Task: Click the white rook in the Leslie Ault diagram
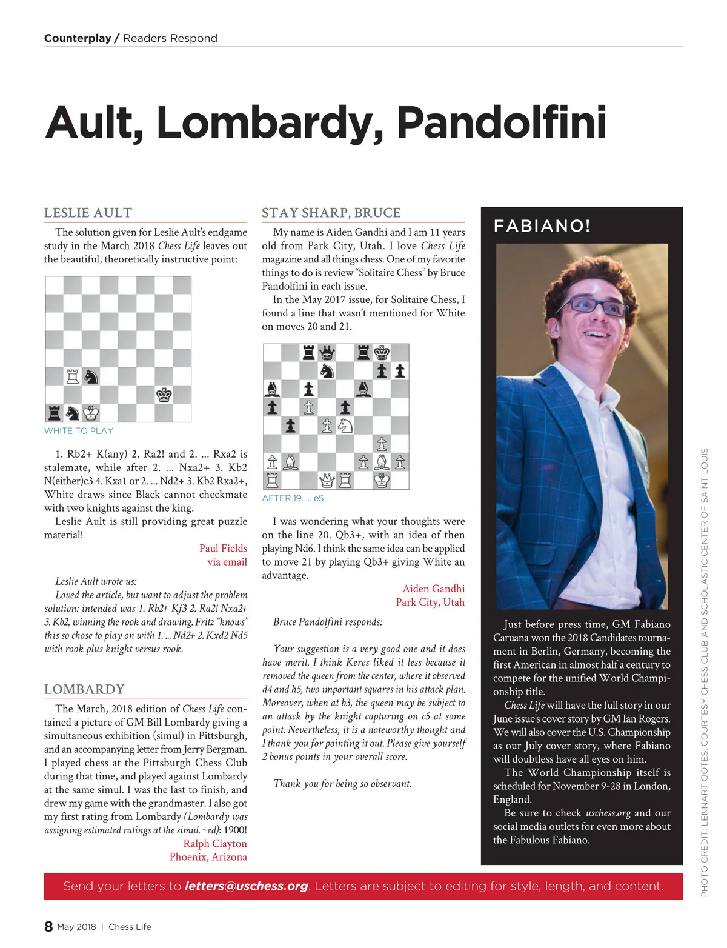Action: point(73,376)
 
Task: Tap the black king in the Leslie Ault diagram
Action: point(164,395)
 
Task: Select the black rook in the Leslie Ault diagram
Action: point(55,413)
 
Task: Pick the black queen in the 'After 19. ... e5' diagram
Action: point(327,353)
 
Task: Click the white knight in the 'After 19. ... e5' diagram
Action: point(345,426)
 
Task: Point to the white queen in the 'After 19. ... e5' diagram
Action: point(327,480)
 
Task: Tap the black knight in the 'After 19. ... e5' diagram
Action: point(327,371)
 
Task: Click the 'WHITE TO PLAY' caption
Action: point(79,431)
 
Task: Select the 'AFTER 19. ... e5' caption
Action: point(293,498)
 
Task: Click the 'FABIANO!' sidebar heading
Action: point(542,226)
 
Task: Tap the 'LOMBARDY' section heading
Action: point(84,689)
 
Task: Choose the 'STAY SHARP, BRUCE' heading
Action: point(331,213)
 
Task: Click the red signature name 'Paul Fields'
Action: point(223,548)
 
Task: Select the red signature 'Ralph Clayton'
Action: point(215,843)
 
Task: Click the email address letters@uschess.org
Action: point(246,886)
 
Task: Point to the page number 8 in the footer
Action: point(48,926)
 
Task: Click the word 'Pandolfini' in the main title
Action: point(501,122)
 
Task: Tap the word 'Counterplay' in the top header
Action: point(78,38)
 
